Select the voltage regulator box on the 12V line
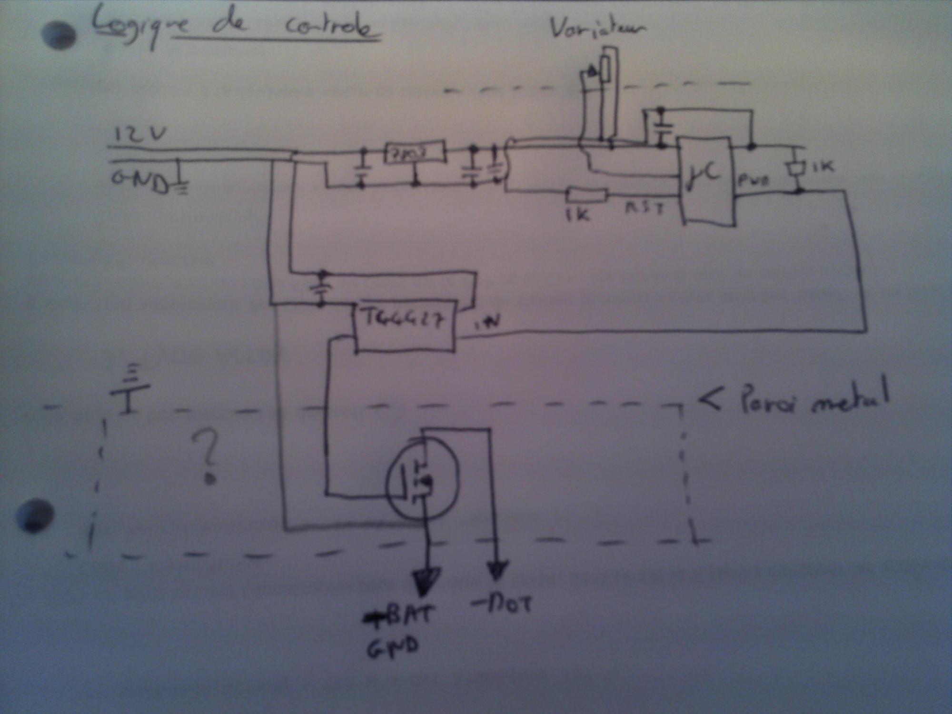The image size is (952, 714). click(x=415, y=153)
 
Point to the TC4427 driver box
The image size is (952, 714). click(x=404, y=326)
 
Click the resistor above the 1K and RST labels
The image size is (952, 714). click(x=586, y=195)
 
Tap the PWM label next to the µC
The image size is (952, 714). click(x=754, y=180)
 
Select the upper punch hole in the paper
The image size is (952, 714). click(x=59, y=35)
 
